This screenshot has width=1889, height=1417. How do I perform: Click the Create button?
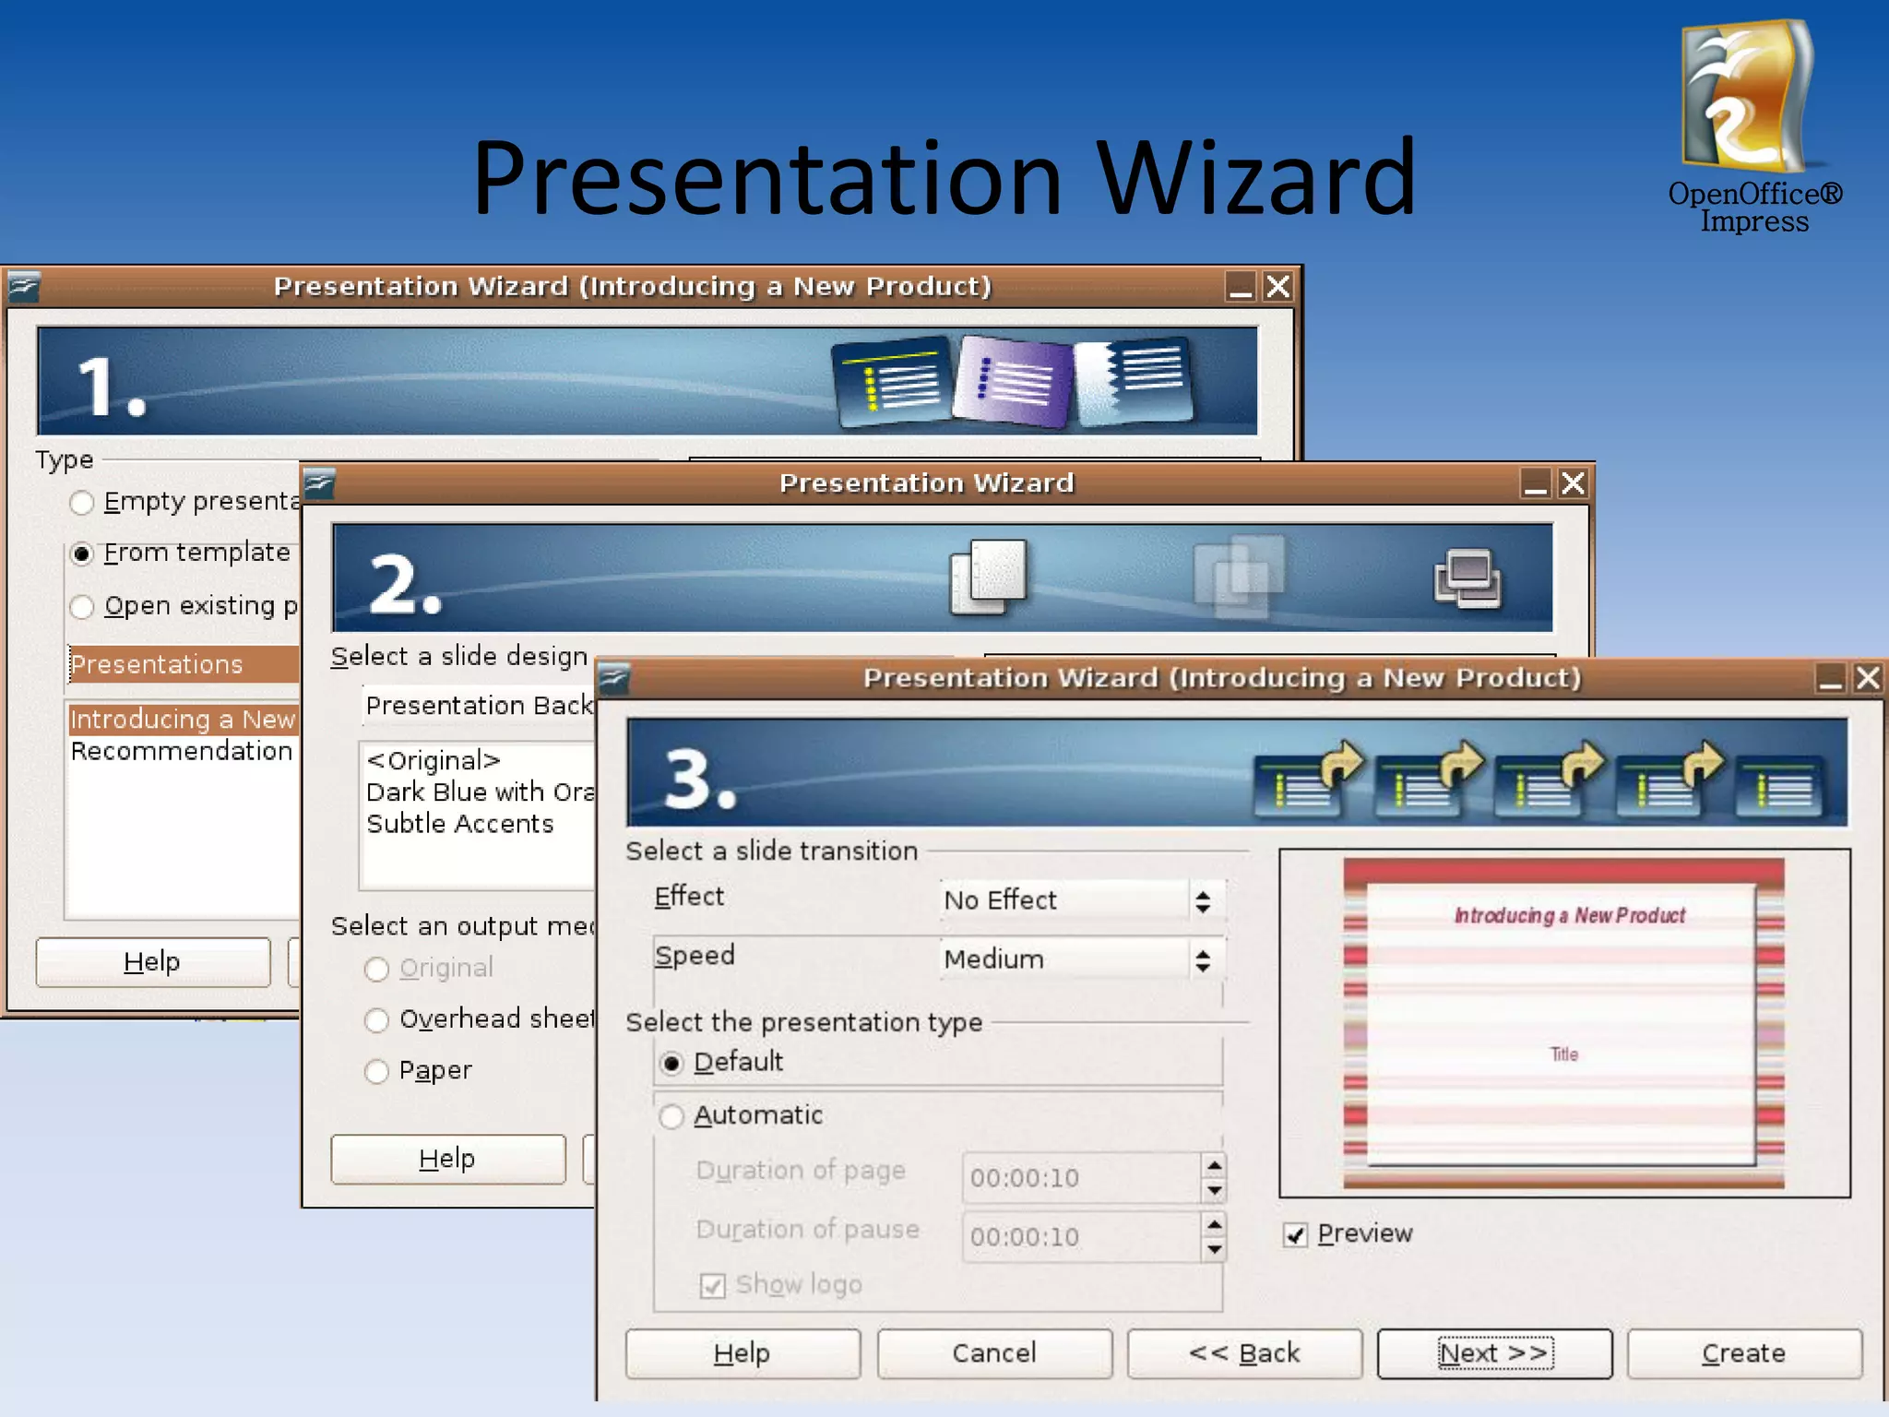pos(1743,1353)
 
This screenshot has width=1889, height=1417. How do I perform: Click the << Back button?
pos(1244,1353)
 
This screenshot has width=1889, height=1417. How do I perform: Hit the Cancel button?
pos(993,1353)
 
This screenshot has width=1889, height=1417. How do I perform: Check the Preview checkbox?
pos(1296,1235)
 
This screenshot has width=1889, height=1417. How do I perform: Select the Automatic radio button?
pos(671,1116)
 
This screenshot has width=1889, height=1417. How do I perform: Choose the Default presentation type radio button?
pos(671,1064)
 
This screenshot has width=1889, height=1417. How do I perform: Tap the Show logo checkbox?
pos(712,1285)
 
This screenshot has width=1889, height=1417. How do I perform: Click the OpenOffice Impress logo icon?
pos(1747,97)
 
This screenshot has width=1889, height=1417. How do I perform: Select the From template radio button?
pos(82,554)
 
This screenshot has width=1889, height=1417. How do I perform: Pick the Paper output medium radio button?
pos(376,1071)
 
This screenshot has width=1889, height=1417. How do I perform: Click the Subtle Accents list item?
pos(459,824)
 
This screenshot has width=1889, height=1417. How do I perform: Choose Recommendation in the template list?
pos(181,751)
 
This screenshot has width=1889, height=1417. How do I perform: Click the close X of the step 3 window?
pos(1868,678)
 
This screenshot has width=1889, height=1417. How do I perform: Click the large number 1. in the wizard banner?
pos(111,386)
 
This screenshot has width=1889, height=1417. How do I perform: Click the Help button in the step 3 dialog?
pos(743,1353)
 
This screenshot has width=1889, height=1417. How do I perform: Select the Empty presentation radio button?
pos(82,503)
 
